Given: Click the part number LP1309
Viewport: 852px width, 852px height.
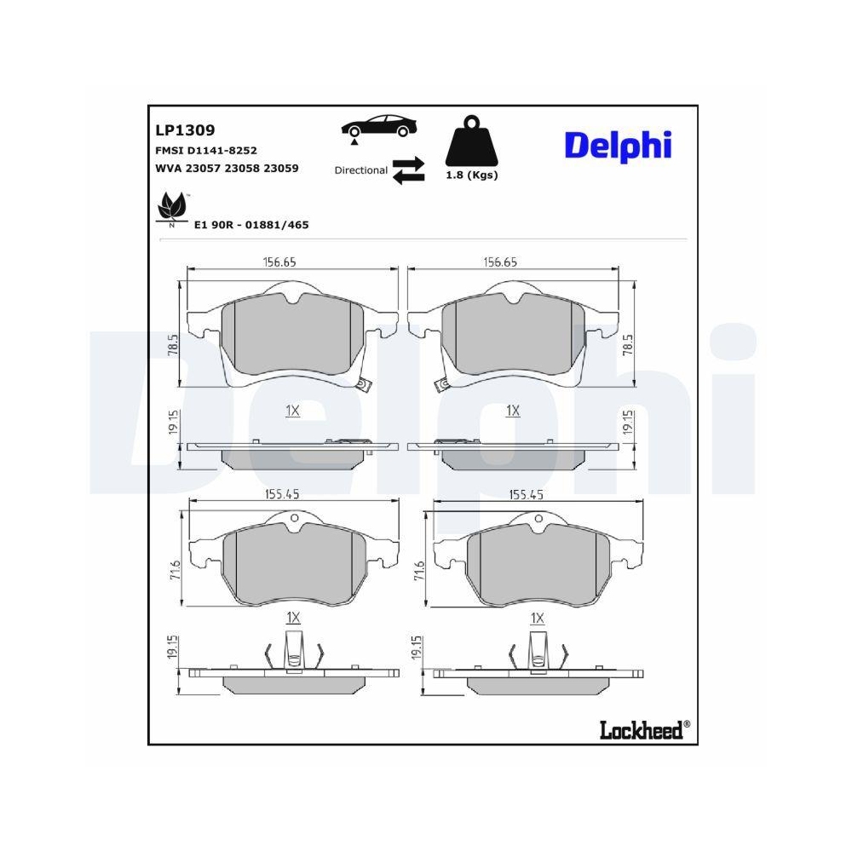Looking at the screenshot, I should point(184,130).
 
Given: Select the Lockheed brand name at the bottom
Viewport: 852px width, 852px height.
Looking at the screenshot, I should point(641,729).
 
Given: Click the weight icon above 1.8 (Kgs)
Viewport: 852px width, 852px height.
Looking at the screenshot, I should point(470,142).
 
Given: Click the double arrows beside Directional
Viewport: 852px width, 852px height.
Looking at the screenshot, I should point(408,169).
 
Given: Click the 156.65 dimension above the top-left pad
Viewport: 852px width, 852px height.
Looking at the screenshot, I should point(279,262).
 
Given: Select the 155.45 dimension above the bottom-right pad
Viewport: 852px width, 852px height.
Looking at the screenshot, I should point(527,493).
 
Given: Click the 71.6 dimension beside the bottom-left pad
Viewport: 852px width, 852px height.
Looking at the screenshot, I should point(174,571).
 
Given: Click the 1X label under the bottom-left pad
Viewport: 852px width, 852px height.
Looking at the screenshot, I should point(292,617).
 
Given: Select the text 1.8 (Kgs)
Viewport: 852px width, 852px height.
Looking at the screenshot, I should point(471,175).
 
